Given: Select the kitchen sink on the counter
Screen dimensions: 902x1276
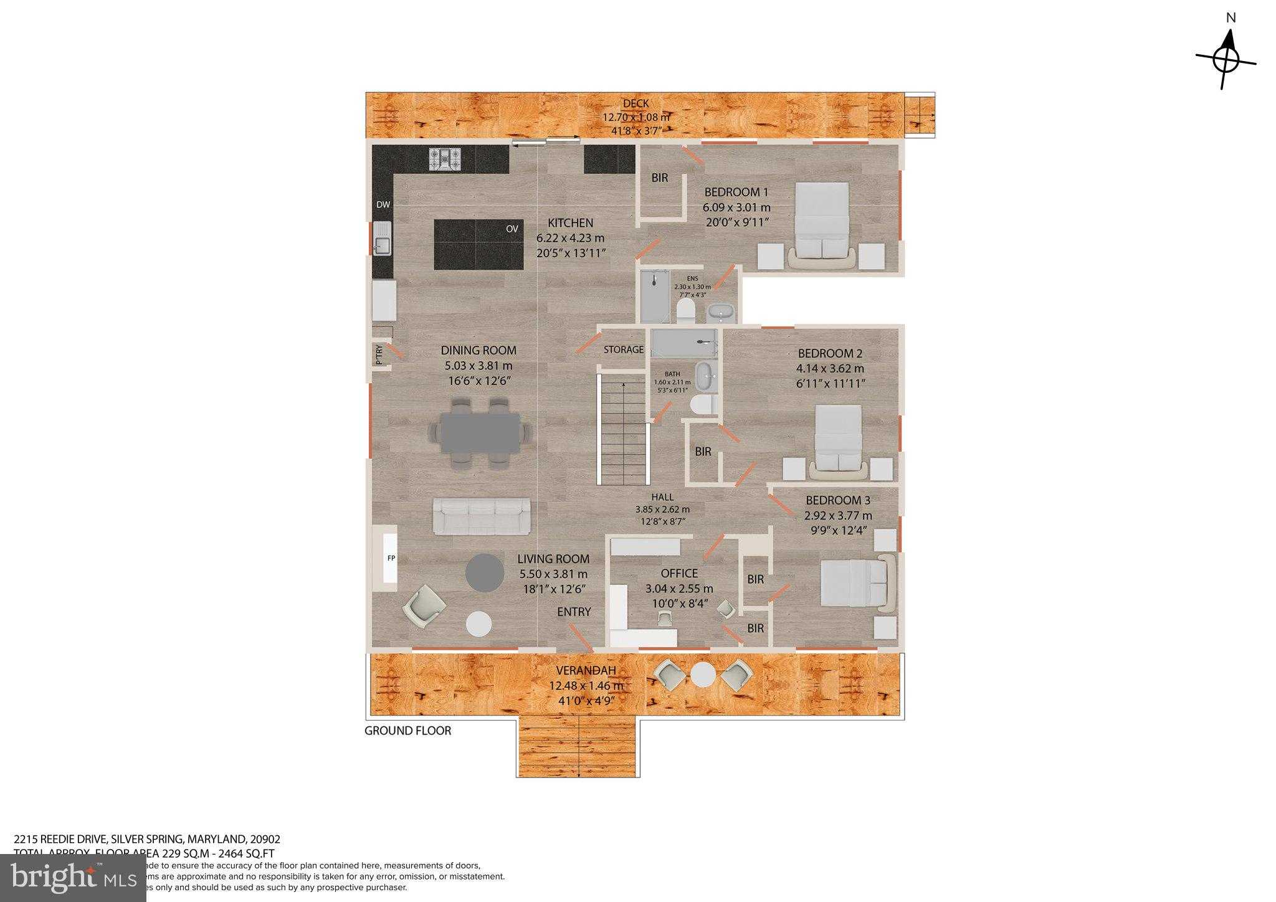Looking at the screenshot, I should point(382,239).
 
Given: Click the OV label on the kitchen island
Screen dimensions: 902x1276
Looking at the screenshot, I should point(512,229).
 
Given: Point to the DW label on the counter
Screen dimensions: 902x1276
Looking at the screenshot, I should point(383,205).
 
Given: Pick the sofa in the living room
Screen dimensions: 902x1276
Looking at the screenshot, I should point(482,516).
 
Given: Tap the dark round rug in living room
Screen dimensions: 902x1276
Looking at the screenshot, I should point(485,572).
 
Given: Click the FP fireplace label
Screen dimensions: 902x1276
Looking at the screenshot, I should point(391,558).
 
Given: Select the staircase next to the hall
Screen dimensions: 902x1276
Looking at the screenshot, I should point(624,430).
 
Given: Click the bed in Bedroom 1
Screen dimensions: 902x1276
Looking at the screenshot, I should point(822,223).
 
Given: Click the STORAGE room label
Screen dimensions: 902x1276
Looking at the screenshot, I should point(624,349).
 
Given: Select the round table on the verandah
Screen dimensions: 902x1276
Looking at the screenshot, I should point(703,675).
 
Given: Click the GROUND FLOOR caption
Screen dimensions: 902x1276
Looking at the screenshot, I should point(407,731).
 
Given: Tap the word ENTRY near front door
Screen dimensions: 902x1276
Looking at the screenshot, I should point(573,612).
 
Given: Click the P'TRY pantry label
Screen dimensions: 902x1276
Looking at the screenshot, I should point(379,355).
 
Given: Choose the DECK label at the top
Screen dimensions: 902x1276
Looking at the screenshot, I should point(636,103).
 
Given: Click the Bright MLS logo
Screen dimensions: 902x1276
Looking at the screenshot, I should point(73,878).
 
